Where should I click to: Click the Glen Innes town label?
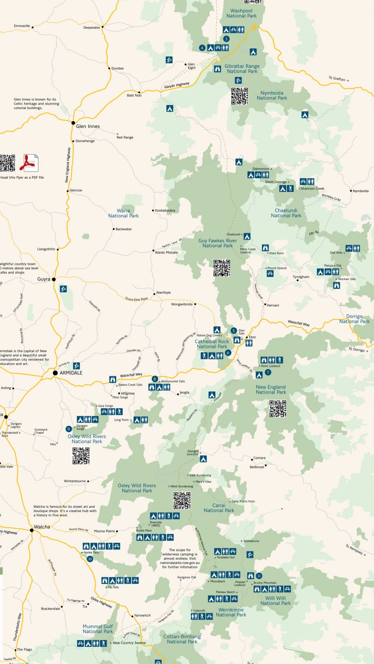(x=88, y=126)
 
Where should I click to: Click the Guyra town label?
(x=44, y=279)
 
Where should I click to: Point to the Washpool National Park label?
(x=242, y=13)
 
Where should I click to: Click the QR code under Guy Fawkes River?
(x=222, y=268)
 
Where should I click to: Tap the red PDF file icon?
(x=31, y=163)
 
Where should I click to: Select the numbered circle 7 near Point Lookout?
(x=268, y=372)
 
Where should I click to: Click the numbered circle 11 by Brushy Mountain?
(x=259, y=576)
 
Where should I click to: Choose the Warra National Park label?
(x=123, y=213)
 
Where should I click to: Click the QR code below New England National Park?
(x=277, y=409)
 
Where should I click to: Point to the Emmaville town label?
(x=22, y=26)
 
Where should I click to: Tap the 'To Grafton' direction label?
(x=338, y=79)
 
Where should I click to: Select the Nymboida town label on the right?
(x=361, y=191)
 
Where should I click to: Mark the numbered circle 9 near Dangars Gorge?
(x=68, y=429)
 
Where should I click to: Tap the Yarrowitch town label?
(x=142, y=615)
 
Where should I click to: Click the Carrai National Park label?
(x=219, y=508)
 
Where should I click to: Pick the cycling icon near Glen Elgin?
(x=169, y=60)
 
